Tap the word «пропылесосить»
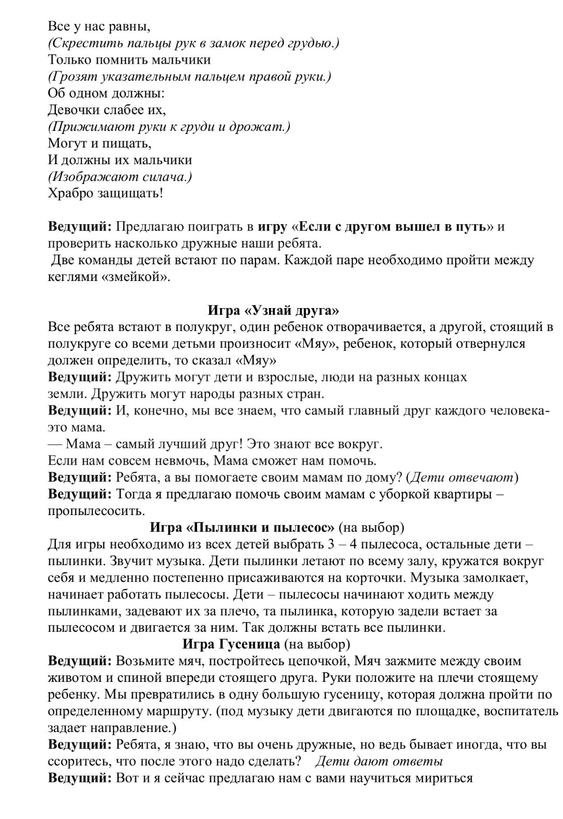coord(96,510)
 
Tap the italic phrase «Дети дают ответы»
coord(379,761)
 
